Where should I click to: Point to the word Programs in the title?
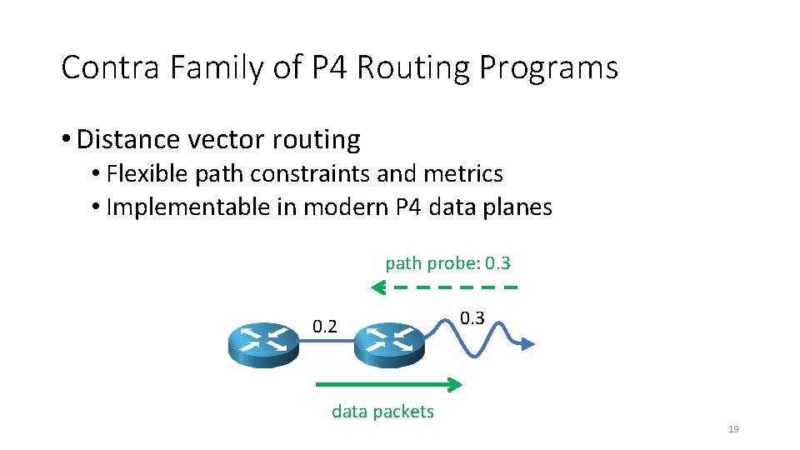549,67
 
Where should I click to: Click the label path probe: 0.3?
447,263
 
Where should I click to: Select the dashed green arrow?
444,288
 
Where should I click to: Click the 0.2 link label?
325,326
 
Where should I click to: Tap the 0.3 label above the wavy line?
472,317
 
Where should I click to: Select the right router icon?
390,344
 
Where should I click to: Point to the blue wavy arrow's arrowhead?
528,342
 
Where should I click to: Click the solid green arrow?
388,384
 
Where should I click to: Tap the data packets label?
382,411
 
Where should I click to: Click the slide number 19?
733,429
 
